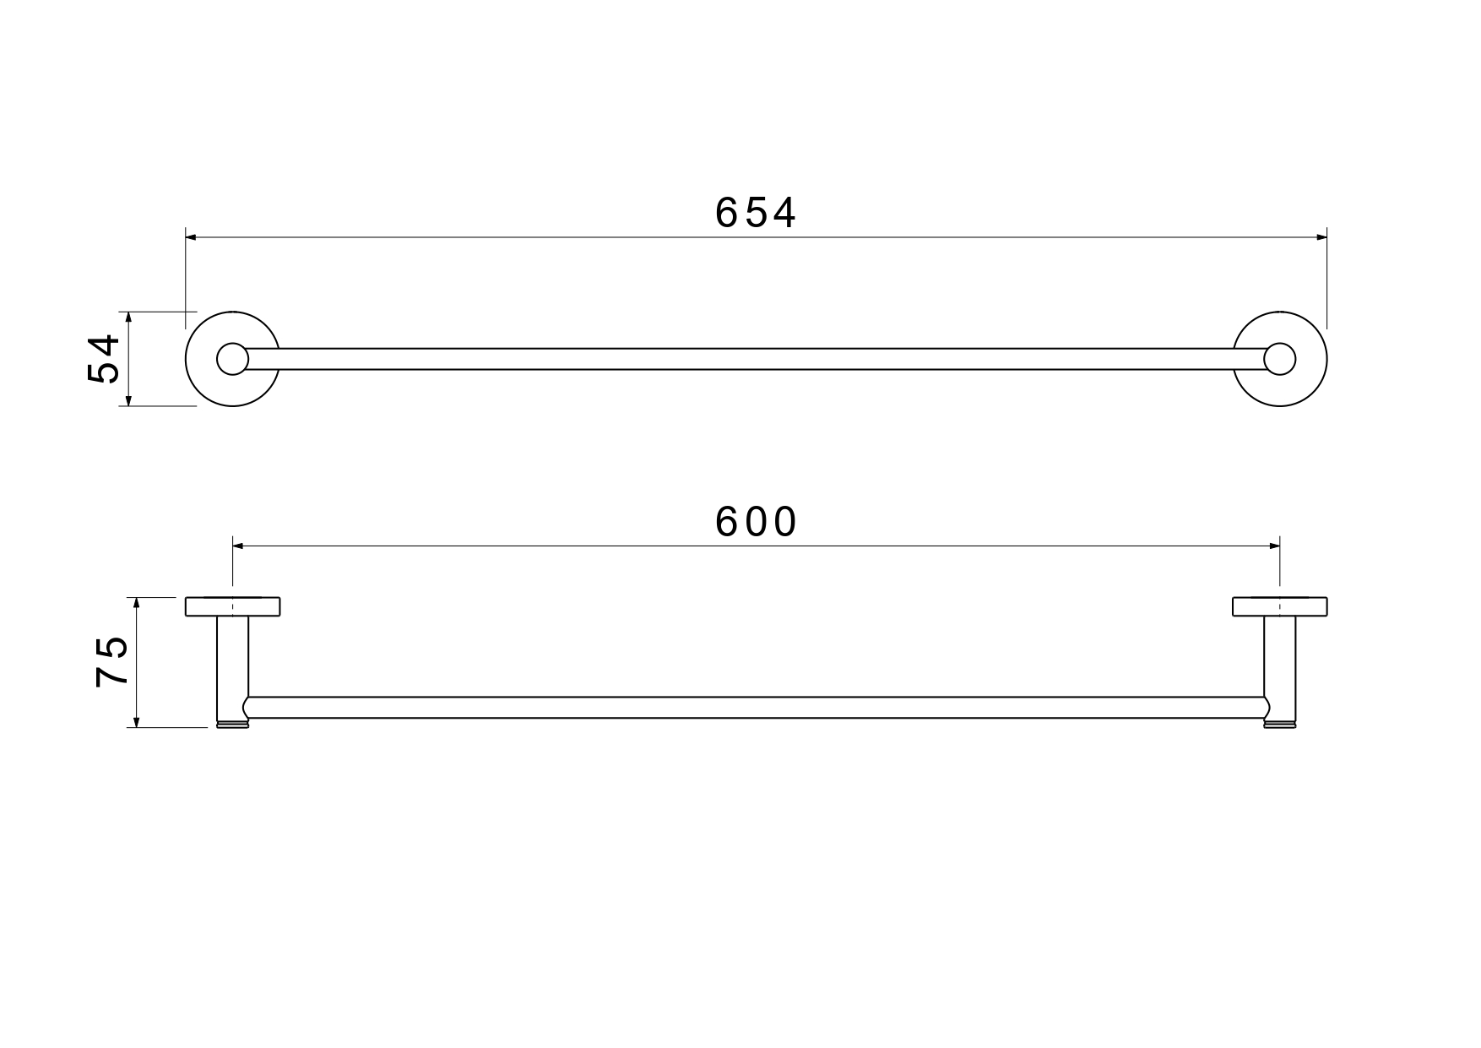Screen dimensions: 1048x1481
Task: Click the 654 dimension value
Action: coord(755,213)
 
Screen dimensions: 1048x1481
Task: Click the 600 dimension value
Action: coord(755,522)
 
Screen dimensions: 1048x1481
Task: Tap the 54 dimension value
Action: coord(105,359)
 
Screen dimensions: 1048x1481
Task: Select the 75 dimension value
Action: coord(112,661)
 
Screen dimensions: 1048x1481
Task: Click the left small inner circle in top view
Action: coord(231,359)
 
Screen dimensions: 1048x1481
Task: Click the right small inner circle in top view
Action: coord(1279,359)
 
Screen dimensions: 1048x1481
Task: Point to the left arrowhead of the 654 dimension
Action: coord(191,237)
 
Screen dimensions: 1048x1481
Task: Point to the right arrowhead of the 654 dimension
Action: coord(1321,237)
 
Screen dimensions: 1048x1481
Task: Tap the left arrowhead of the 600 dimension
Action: coord(238,546)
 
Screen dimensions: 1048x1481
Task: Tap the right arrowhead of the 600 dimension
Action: coord(1274,546)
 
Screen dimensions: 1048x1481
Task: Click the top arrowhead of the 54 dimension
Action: coord(128,317)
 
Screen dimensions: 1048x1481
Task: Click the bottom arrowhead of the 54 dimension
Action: coord(128,400)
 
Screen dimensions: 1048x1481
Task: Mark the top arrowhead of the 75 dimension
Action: coord(136,602)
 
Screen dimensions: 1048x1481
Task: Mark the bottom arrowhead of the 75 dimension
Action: coord(136,721)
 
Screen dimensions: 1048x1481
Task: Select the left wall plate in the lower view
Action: coord(232,606)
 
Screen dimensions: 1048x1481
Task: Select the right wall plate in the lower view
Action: coord(1279,606)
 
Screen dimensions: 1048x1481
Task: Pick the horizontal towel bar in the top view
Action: coord(755,359)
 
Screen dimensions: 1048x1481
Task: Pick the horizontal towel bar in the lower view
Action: coord(755,708)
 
